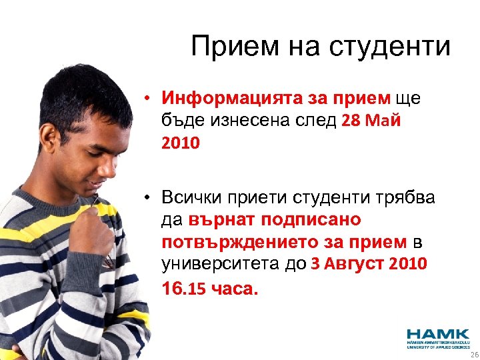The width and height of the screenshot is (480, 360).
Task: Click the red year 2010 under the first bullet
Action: point(180,143)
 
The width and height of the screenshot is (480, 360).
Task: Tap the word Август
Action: point(356,263)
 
